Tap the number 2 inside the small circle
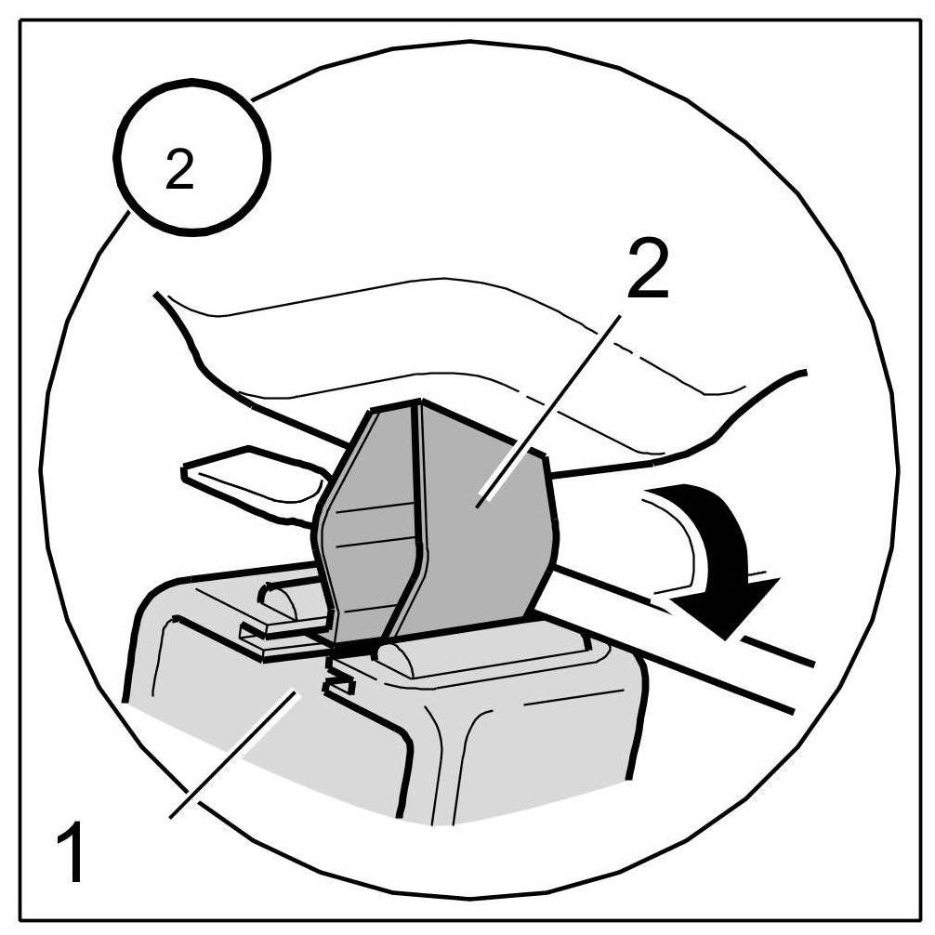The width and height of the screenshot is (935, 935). point(179,171)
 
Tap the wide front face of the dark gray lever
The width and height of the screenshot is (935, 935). point(483,520)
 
